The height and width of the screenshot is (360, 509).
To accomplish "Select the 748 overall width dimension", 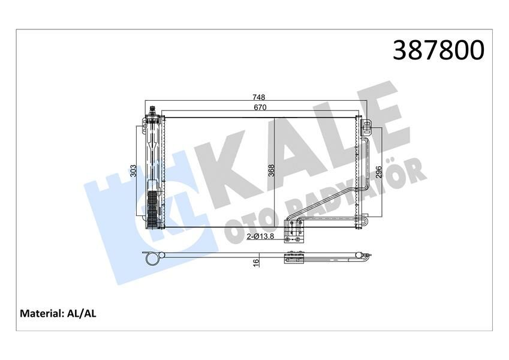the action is point(258,98).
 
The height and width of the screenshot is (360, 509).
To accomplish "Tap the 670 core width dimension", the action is point(258,107).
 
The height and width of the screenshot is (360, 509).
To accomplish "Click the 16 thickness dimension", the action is point(256,262).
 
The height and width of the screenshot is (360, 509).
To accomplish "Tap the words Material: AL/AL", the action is point(59,313).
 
